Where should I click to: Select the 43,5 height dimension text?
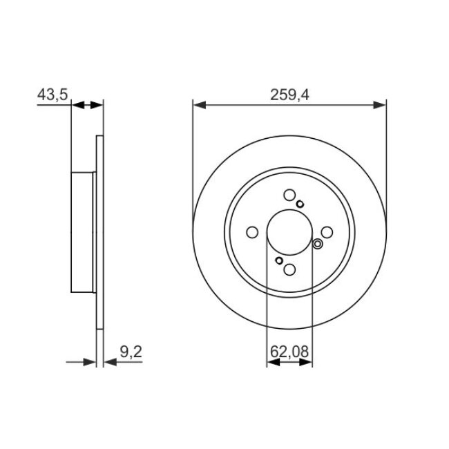pos(52,95)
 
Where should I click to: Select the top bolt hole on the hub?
pos(289,195)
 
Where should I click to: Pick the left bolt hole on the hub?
pos(252,233)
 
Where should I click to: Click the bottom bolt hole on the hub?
pos(289,270)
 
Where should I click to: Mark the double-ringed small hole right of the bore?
pos(318,243)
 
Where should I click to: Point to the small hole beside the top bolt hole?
pos(300,203)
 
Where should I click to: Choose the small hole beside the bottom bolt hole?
pos(278,260)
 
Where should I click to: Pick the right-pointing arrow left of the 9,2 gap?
pos(88,361)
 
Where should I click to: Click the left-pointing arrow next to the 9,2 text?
pos(111,361)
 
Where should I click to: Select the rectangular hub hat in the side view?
pos(83,233)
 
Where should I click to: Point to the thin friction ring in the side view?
pos(99,233)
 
